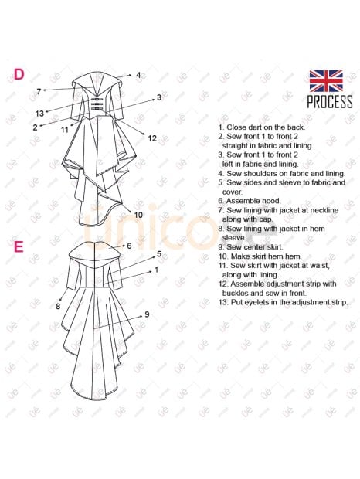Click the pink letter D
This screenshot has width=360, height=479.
click(19, 74)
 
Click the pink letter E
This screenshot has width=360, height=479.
click(19, 246)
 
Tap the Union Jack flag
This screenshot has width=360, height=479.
click(326, 81)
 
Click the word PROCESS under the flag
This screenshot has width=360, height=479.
click(330, 102)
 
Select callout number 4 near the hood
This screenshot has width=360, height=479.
click(138, 75)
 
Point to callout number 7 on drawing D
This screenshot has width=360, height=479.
click(39, 91)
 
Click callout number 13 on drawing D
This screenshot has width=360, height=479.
click(39, 114)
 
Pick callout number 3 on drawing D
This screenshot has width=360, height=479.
click(159, 97)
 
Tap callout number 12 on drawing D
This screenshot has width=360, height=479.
click(152, 138)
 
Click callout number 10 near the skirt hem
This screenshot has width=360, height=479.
click(138, 215)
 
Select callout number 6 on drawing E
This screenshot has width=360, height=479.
click(129, 246)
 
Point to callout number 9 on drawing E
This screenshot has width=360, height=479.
click(147, 314)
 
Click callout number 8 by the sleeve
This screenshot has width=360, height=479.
click(58, 306)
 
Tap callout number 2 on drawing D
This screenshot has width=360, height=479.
click(35, 127)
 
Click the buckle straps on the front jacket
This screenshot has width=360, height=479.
click(96, 104)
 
